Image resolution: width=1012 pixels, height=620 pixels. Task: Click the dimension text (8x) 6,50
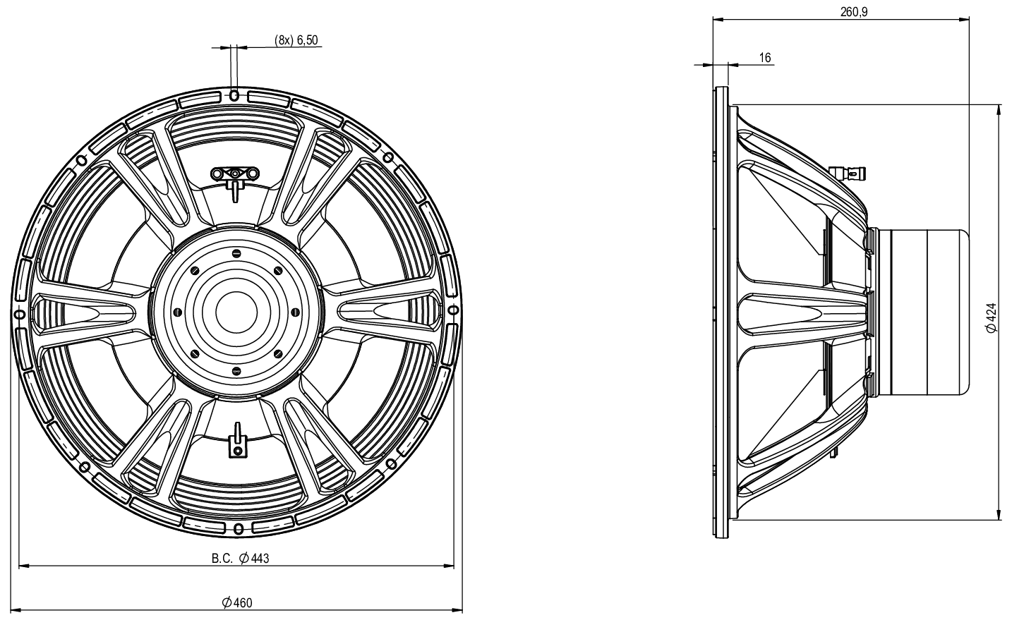click(296, 41)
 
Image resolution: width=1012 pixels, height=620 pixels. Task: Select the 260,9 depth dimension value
click(855, 12)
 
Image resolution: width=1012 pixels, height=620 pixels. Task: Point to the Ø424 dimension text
click(991, 317)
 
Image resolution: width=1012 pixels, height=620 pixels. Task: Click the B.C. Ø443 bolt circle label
click(241, 559)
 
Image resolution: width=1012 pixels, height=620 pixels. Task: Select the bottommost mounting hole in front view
click(238, 528)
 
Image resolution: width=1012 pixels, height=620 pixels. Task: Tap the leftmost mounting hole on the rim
click(20, 313)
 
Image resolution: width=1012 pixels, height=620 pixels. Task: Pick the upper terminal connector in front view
click(235, 174)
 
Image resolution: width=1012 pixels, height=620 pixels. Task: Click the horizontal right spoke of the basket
click(385, 311)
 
